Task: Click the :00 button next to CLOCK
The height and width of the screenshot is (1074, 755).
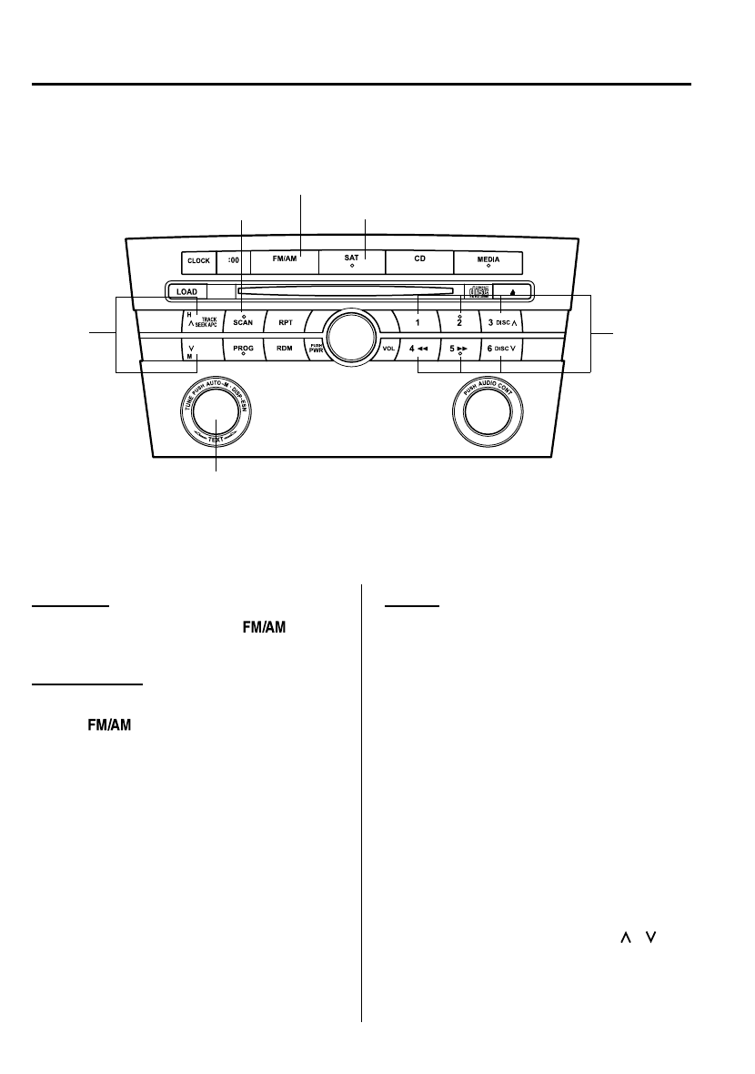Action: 232,261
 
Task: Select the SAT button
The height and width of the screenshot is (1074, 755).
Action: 351,260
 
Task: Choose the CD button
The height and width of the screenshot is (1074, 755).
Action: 419,260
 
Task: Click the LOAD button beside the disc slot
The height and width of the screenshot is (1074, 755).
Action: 187,292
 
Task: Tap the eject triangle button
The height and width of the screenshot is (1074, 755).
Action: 514,292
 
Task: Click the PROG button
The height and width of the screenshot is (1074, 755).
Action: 243,349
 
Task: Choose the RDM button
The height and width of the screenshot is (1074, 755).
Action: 285,349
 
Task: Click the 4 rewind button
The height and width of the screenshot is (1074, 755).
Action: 419,349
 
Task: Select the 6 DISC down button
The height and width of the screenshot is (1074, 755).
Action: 500,349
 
